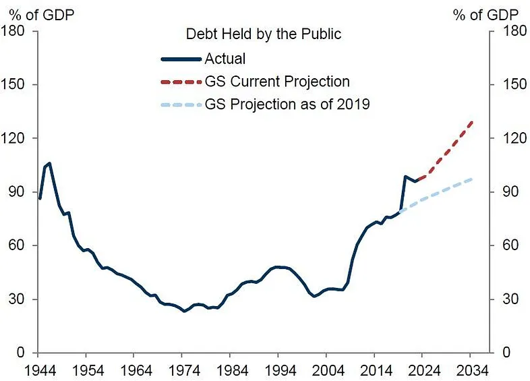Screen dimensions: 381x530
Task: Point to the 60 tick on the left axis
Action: pyautogui.click(x=19, y=245)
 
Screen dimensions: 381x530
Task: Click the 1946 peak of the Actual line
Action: pyautogui.click(x=49, y=163)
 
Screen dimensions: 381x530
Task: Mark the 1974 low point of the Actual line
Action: pyautogui.click(x=183, y=311)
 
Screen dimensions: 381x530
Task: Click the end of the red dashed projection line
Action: pyautogui.click(x=471, y=122)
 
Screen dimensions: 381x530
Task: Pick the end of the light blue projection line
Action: pyautogui.click(x=471, y=179)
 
